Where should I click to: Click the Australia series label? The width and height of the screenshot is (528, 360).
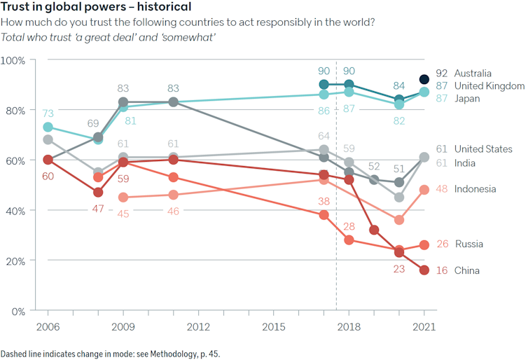click(x=473, y=73)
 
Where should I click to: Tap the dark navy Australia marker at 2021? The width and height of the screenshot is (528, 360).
click(x=424, y=79)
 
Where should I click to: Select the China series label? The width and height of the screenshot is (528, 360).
click(x=467, y=270)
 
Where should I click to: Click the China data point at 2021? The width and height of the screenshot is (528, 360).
click(x=424, y=270)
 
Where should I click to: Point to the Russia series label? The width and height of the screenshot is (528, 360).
click(x=469, y=244)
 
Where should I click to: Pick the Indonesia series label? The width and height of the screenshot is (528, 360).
click(x=475, y=189)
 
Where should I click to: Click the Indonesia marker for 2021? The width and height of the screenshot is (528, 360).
click(x=424, y=190)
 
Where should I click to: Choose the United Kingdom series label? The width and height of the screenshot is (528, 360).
click(x=489, y=85)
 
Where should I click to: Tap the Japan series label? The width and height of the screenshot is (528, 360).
click(x=467, y=99)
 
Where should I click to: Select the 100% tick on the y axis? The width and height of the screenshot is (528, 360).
click(x=13, y=60)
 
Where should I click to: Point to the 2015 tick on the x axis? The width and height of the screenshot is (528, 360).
click(x=273, y=326)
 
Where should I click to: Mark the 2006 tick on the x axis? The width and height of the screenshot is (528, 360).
click(x=48, y=326)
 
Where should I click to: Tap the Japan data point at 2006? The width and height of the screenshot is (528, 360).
click(x=48, y=127)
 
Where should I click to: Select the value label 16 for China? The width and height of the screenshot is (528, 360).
click(x=441, y=270)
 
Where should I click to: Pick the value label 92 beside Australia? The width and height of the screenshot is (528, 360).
click(x=441, y=73)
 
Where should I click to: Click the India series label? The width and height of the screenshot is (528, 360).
click(x=466, y=163)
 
